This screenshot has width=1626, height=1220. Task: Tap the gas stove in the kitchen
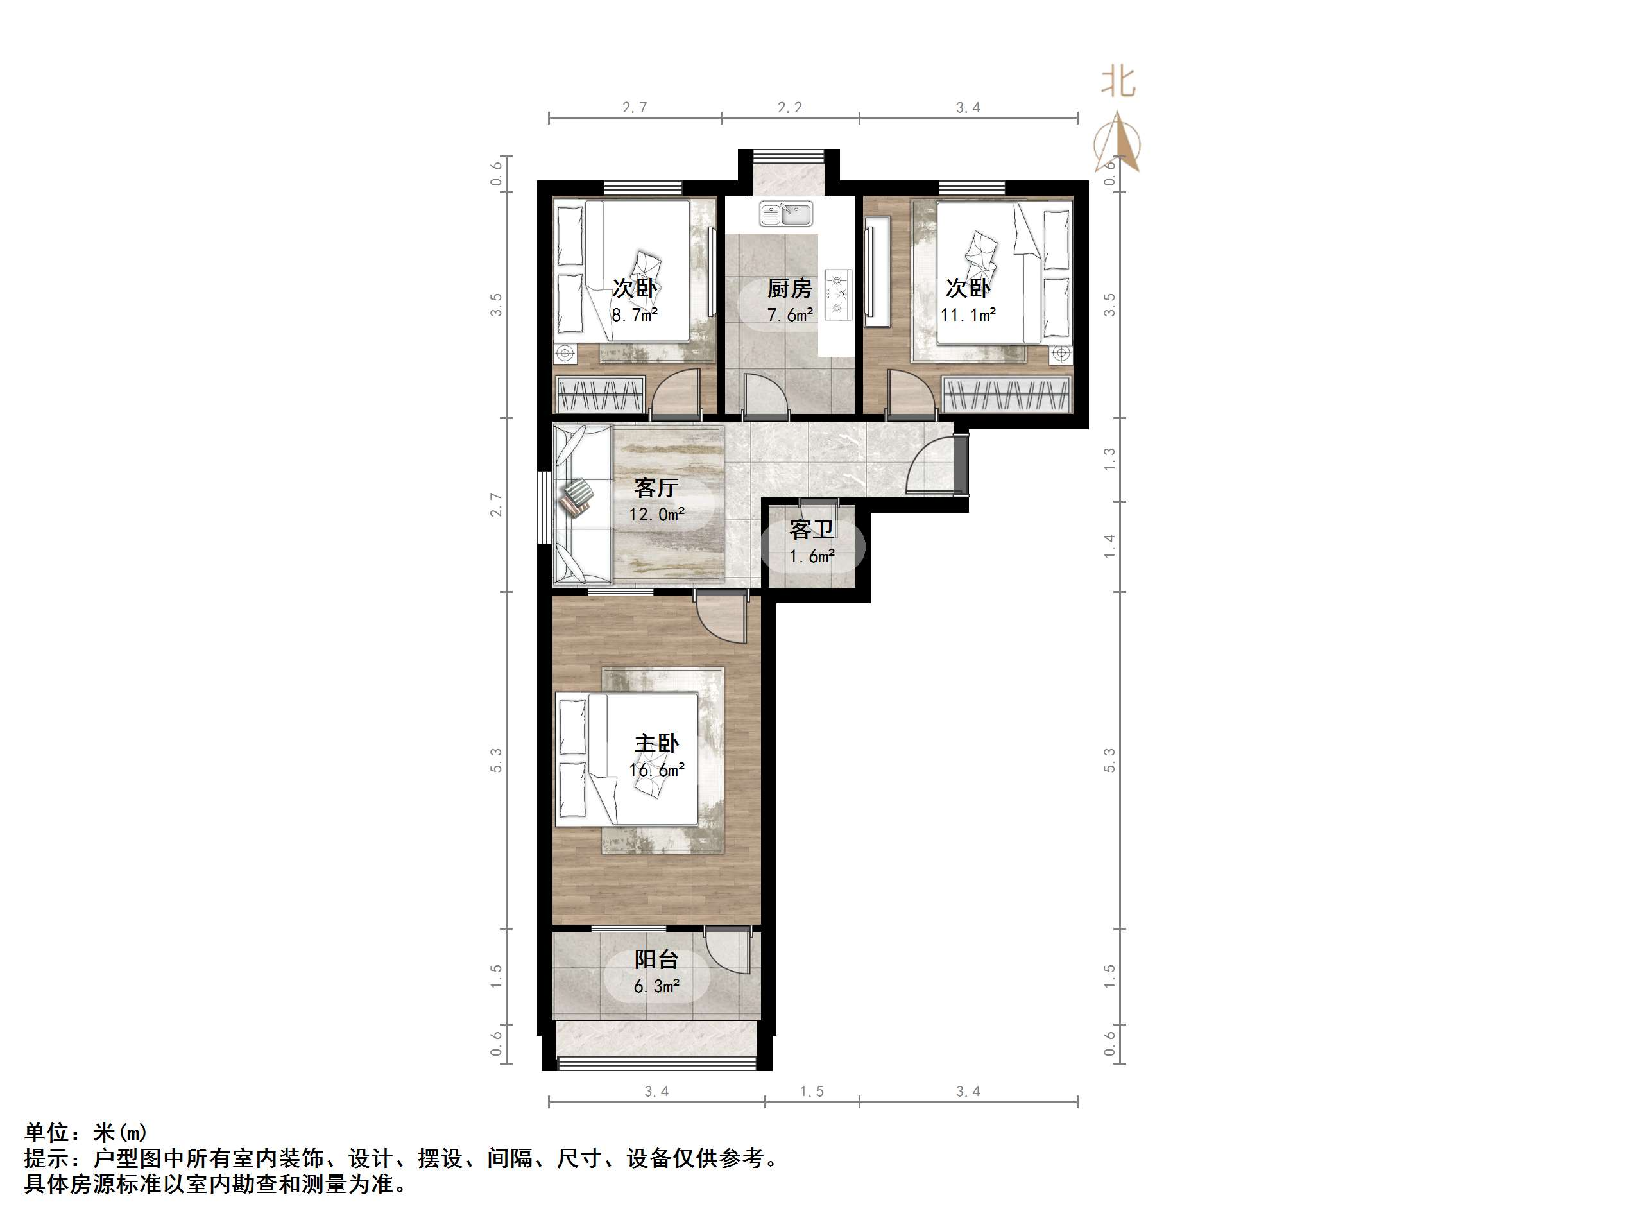[x=838, y=294]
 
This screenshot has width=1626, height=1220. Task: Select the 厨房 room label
[x=789, y=288]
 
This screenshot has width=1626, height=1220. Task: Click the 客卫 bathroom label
[x=812, y=529]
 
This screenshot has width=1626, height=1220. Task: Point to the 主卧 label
[x=656, y=743]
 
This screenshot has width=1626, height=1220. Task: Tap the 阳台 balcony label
[x=656, y=959]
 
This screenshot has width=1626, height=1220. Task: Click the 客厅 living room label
[x=656, y=488]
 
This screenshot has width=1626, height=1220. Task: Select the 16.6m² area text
[x=656, y=770]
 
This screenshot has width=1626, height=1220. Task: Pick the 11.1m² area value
[x=968, y=314]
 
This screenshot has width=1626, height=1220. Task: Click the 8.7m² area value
[x=635, y=314]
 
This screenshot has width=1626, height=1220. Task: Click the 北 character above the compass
[x=1117, y=82]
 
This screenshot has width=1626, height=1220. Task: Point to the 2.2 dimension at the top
[x=789, y=107]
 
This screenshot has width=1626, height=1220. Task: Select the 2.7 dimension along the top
[x=635, y=107]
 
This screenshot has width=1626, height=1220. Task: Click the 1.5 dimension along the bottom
[x=812, y=1091]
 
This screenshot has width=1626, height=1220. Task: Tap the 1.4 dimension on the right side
[x=1109, y=546]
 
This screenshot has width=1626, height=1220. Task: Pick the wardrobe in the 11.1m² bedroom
[x=1006, y=393]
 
